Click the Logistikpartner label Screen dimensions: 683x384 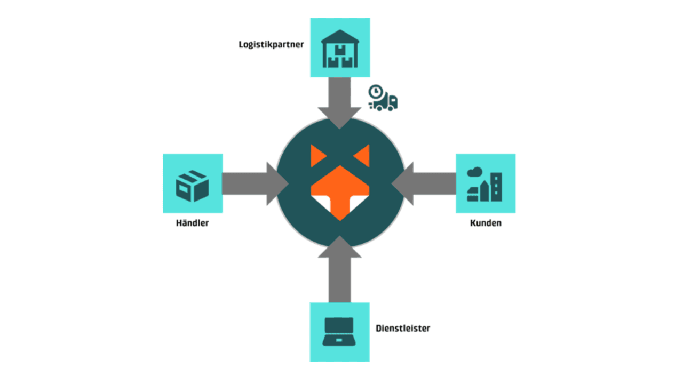pos(271,45)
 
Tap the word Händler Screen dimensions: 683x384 pos(193,223)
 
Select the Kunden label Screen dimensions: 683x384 pos(486,223)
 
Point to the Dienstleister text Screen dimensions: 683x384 pos(403,328)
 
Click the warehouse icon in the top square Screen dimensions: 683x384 pos(340,49)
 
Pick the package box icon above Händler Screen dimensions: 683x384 pos(193,186)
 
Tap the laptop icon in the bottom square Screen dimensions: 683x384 pos(339,332)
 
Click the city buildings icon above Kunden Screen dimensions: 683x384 pos(485,185)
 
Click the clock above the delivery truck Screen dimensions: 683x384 pos(376,91)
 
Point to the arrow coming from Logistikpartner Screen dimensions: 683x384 pos(340,103)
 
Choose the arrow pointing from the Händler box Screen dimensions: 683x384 pos(256,183)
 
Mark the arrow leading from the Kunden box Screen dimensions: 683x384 pos(424,183)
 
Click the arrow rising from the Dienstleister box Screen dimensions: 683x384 pos(340,269)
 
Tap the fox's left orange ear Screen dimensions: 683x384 pos(317,156)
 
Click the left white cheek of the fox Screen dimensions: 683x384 pos(322,203)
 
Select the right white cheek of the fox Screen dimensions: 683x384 pos(358,203)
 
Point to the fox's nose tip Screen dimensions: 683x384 pos(340,220)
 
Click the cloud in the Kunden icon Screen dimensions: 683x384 pos(475,172)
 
